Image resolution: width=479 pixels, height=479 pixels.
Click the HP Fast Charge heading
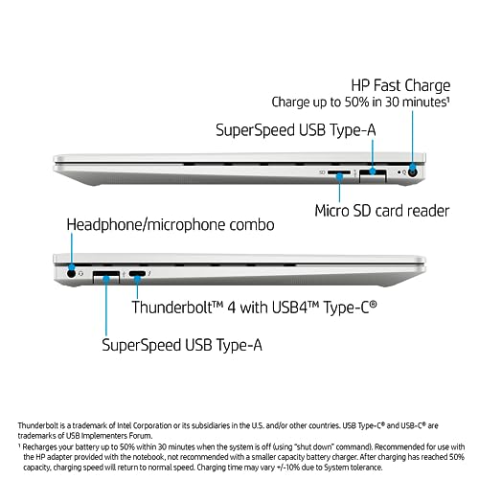pos(400,86)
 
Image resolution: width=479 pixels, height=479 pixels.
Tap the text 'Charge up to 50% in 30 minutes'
pos(359,103)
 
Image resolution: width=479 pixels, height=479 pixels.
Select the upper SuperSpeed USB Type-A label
pos(296,130)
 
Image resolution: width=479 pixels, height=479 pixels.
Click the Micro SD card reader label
pos(382,211)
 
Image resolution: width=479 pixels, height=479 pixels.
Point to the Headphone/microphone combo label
pos(171,224)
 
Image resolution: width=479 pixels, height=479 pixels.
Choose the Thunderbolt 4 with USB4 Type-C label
pos(254,308)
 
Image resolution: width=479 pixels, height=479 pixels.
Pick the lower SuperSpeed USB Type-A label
pos(182,345)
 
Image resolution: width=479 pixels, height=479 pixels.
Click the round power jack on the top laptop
pos(413,172)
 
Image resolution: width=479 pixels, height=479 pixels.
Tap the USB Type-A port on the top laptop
pos(373,175)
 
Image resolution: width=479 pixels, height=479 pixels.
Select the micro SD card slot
pos(339,172)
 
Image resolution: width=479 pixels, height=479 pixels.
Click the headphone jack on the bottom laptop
pos(72,273)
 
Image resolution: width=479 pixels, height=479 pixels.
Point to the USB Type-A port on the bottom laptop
pos(106,277)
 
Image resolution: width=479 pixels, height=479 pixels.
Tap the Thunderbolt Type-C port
pos(137,274)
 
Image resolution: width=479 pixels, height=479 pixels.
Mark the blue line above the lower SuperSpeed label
pos(106,307)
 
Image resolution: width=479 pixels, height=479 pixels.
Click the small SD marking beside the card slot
pos(322,172)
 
